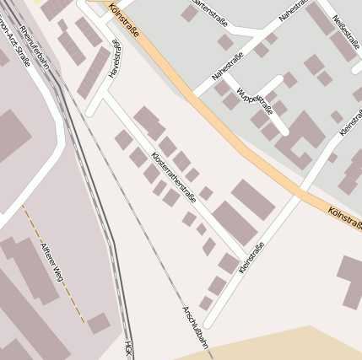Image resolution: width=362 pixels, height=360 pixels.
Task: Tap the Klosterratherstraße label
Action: [173, 178]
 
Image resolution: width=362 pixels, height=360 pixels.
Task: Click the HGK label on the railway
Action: [128, 349]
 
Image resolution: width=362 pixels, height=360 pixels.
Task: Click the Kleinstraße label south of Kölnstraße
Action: [251, 257]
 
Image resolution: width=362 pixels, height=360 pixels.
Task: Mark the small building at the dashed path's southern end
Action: [99, 323]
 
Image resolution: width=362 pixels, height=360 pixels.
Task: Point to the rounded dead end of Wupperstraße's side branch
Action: [284, 132]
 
